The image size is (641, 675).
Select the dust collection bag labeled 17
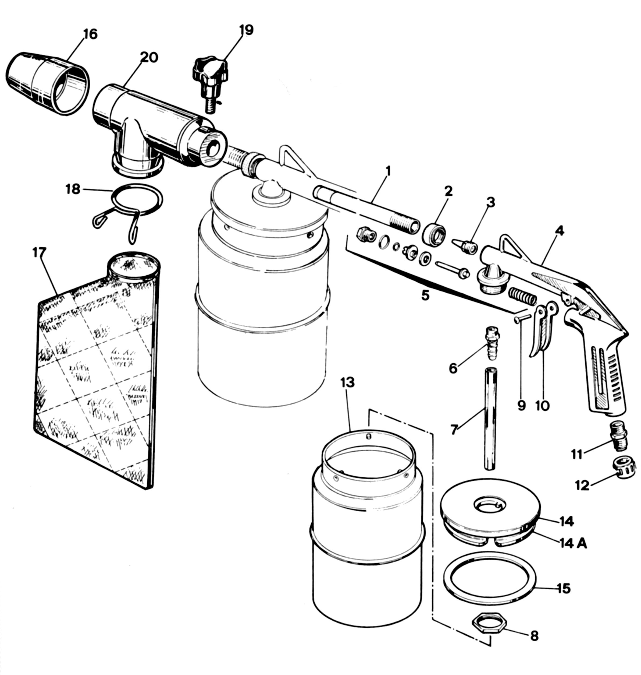click(97, 369)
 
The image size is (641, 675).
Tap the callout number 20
click(149, 57)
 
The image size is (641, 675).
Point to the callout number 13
click(347, 382)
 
